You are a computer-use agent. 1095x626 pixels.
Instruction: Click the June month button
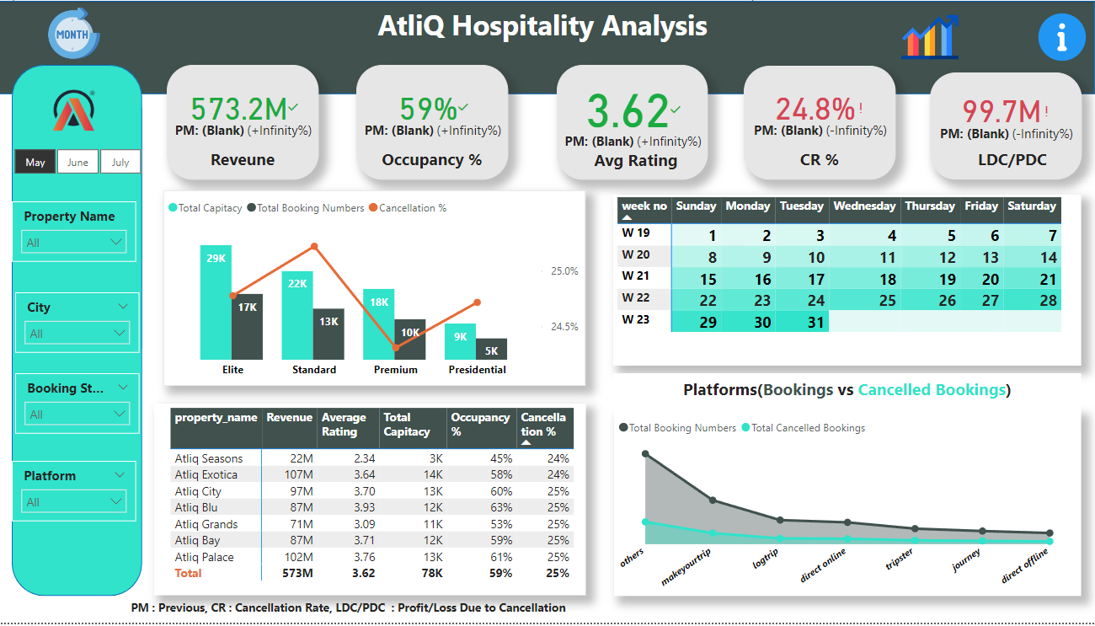tap(77, 162)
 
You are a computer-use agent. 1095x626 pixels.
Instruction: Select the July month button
tap(120, 162)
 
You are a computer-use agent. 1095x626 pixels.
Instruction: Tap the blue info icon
tap(1061, 37)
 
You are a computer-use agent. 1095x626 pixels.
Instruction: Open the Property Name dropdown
tap(74, 243)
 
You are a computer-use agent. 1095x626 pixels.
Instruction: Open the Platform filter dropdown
tap(74, 502)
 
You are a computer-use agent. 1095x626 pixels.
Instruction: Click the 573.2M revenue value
tap(238, 109)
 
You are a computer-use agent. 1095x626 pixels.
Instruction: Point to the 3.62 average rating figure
tap(628, 110)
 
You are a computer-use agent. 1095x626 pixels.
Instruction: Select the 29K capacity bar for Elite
tap(216, 302)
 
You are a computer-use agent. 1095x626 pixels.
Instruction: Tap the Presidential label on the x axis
tap(477, 369)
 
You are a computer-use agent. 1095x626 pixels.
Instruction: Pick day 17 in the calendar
tap(815, 280)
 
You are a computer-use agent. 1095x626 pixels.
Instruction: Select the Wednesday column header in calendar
tap(864, 206)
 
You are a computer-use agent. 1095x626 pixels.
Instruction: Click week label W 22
tap(636, 297)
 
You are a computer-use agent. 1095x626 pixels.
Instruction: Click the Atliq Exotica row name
tap(206, 474)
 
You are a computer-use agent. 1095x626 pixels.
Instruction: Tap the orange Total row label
tap(188, 573)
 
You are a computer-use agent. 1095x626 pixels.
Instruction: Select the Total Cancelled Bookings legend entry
tap(807, 428)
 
